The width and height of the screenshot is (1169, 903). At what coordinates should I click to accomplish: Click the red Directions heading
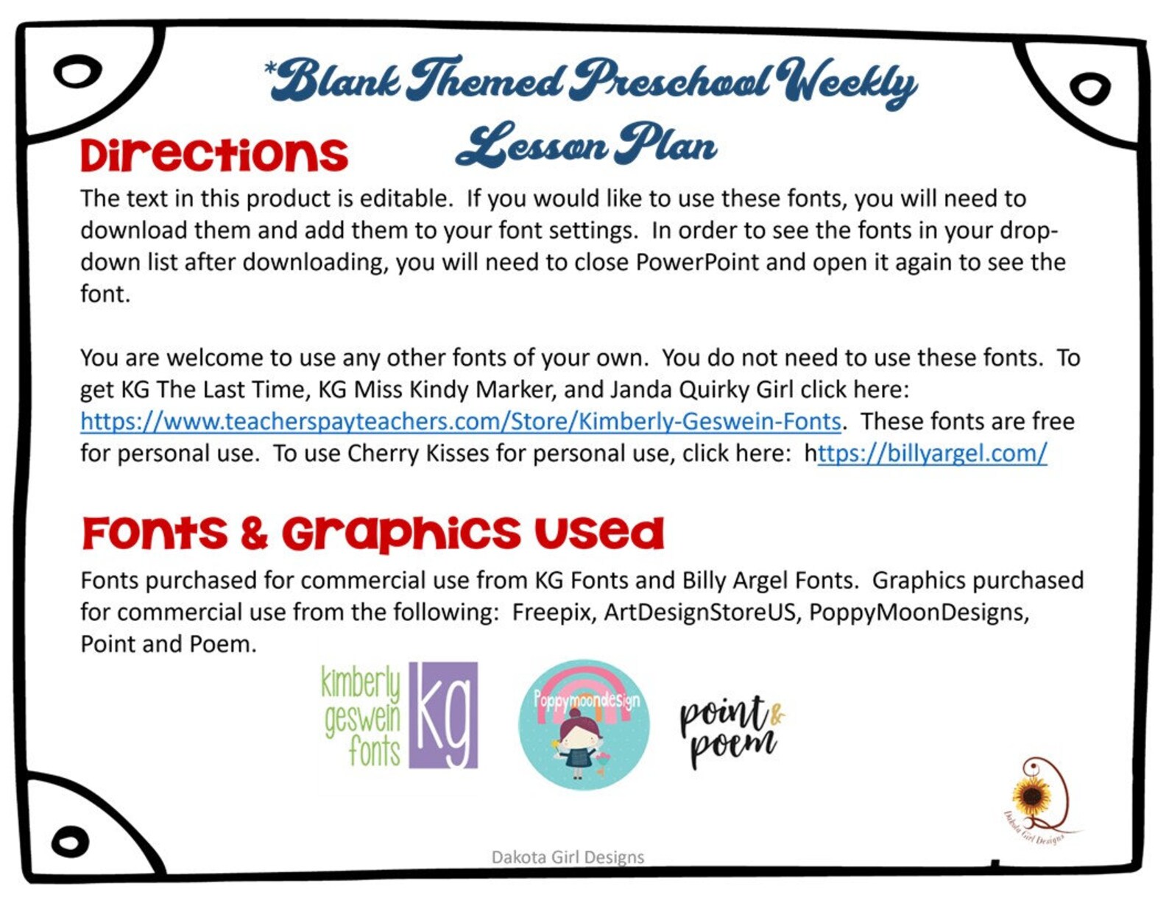click(x=213, y=155)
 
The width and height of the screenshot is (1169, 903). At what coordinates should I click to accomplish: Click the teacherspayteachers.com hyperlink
click(x=461, y=422)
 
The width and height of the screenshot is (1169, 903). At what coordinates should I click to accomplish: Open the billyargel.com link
click(x=932, y=453)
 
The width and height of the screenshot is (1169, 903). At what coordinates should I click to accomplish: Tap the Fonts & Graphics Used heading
click(x=372, y=533)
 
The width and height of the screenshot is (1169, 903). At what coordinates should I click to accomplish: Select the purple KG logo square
click(x=443, y=715)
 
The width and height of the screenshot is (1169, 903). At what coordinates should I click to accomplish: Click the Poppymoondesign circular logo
click(x=584, y=724)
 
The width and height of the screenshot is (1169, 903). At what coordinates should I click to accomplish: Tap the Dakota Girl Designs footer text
click(x=568, y=857)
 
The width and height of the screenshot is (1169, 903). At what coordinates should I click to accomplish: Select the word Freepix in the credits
click(x=553, y=612)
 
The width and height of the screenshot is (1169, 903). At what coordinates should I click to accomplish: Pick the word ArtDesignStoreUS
click(x=700, y=612)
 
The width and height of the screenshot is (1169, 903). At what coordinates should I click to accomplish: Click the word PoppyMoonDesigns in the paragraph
click(x=918, y=612)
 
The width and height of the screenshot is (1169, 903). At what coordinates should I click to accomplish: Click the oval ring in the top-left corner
click(x=77, y=72)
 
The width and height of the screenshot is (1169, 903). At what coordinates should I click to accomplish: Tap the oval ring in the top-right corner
click(x=1089, y=88)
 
